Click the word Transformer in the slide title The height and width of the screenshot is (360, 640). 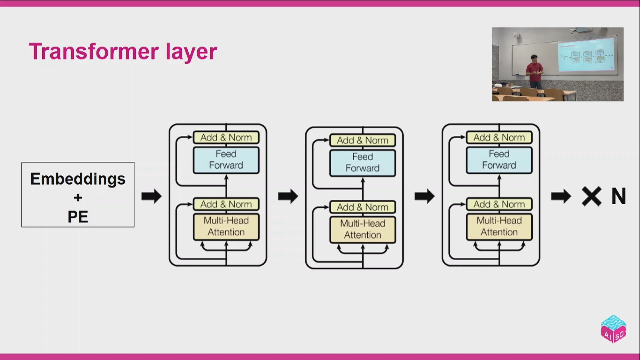click(94, 52)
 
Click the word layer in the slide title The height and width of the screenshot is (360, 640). click(191, 52)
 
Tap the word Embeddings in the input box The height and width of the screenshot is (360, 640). click(78, 179)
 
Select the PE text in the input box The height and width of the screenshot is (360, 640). click(78, 217)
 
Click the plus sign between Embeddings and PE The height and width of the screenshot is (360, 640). click(78, 198)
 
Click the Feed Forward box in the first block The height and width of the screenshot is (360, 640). click(226, 160)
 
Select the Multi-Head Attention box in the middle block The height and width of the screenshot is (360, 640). click(363, 229)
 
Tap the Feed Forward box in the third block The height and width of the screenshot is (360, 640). click(499, 160)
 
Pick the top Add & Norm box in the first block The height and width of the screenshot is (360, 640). click(226, 137)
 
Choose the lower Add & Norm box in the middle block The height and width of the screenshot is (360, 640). click(363, 207)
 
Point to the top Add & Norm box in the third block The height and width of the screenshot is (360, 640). click(499, 137)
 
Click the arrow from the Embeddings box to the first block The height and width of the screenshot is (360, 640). click(152, 196)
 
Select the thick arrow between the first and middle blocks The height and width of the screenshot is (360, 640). click(288, 196)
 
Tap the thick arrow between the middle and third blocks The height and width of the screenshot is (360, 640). click(425, 196)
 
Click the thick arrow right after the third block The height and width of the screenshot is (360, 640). click(561, 196)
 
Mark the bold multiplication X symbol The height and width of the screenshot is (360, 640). click(592, 196)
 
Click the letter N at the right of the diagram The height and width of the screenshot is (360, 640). click(619, 196)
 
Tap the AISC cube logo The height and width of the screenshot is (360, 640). click(613, 329)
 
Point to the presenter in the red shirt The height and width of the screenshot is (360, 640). click(535, 72)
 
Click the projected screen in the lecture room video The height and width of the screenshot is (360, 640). click(586, 54)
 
